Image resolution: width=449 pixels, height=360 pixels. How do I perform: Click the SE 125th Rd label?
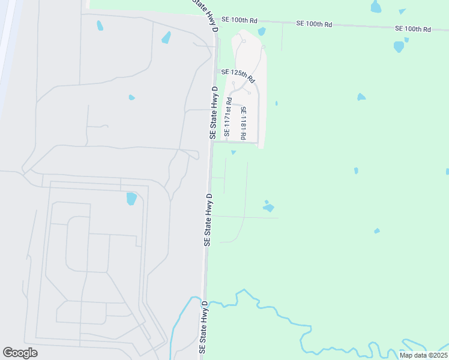click(x=238, y=76)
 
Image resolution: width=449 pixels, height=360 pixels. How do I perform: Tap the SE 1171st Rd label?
click(x=228, y=116)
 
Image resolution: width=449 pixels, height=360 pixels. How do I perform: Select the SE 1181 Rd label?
click(x=243, y=123)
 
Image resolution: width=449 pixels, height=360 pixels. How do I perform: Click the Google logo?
click(x=20, y=353)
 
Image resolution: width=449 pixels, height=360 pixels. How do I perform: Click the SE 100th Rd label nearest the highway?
click(x=235, y=20)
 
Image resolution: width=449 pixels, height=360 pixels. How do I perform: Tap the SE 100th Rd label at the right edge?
click(x=413, y=29)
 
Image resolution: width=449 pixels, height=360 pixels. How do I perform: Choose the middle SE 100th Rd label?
click(x=314, y=24)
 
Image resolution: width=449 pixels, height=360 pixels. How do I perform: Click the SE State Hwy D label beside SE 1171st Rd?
click(x=213, y=113)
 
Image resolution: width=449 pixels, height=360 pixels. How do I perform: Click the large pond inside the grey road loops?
click(x=131, y=199)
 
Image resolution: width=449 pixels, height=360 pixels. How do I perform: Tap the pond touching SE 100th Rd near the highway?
click(x=262, y=31)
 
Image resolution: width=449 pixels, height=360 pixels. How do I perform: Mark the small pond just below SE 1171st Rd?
click(x=234, y=152)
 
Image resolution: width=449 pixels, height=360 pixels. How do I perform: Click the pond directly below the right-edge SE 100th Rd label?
click(x=399, y=46)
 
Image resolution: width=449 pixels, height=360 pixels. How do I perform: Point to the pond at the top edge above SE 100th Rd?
click(x=376, y=7)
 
